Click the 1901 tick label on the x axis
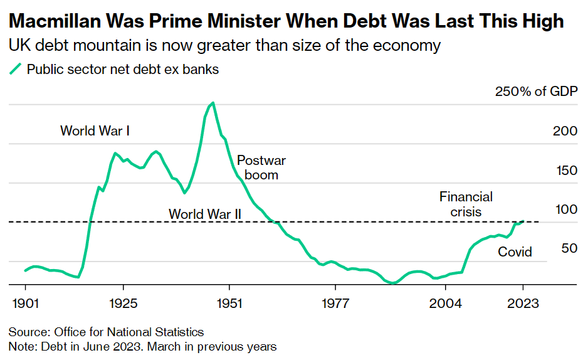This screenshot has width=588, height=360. click(25, 304)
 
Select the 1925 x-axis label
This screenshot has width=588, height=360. click(123, 304)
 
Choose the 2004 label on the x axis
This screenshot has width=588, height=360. click(446, 304)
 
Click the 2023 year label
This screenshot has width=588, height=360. click(523, 304)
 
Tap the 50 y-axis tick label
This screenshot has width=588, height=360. click(569, 248)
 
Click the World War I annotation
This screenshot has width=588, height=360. click(95, 131)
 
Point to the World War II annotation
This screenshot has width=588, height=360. click(205, 214)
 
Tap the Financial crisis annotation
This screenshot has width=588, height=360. click(466, 204)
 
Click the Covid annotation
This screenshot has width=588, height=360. click(515, 252)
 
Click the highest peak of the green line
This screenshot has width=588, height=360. click(213, 103)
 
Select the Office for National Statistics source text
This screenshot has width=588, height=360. click(130, 332)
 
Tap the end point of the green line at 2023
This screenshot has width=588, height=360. click(523, 221)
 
